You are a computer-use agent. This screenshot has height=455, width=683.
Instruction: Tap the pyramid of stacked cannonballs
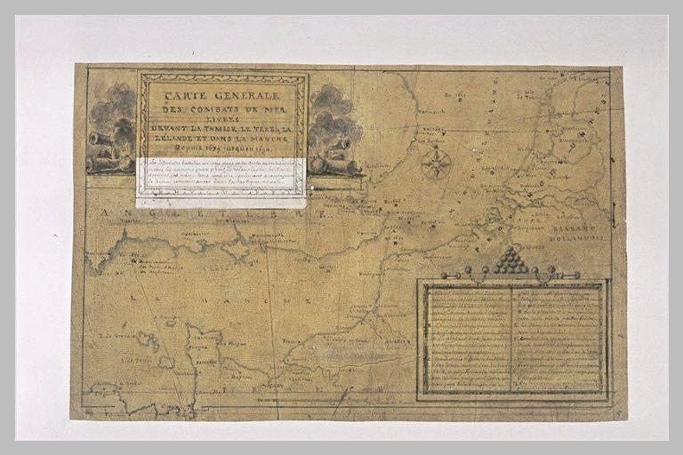[510, 259]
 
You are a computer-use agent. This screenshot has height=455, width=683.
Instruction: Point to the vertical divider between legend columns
[511, 339]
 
